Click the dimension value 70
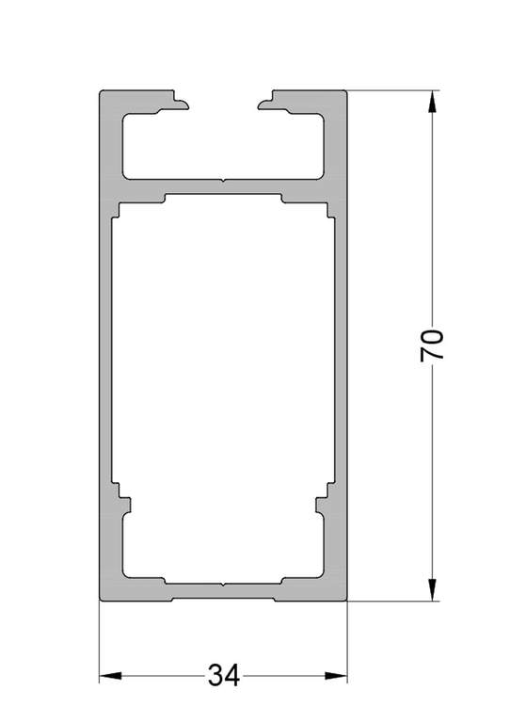coord(432,345)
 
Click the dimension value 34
coord(224,676)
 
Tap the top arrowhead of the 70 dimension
coord(432,102)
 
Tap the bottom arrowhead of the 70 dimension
coord(432,589)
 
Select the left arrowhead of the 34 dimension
coord(111,676)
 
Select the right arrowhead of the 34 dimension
coord(336,676)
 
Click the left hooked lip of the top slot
coord(180,104)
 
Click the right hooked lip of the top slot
coord(267,104)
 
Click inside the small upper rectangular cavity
coord(223,145)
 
